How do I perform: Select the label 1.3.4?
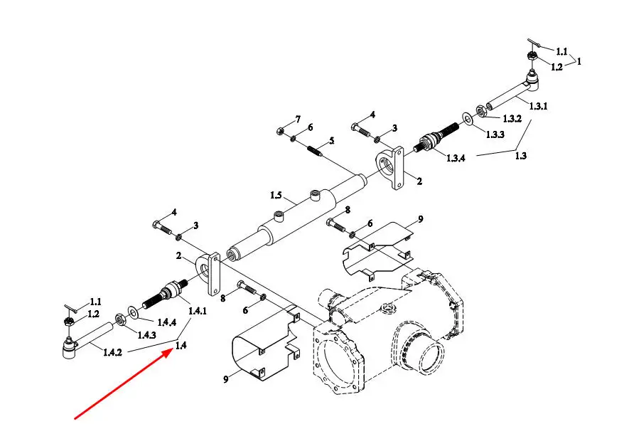click(457, 158)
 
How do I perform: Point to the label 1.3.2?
click(513, 118)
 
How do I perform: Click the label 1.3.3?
click(496, 134)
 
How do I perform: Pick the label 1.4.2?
click(112, 351)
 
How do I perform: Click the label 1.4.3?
click(147, 335)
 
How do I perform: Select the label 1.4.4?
click(166, 322)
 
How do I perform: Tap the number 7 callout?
click(298, 118)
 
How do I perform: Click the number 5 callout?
click(330, 141)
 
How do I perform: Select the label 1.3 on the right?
click(520, 157)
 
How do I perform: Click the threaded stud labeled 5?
click(315, 151)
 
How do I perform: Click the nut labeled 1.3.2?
click(481, 110)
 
